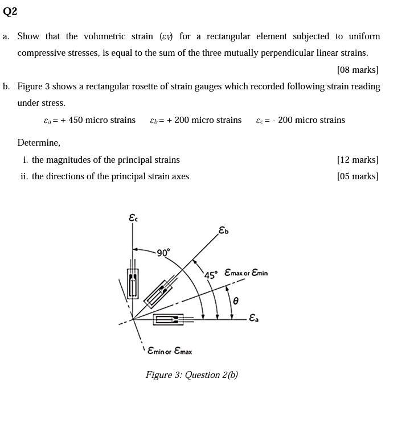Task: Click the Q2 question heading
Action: (10, 11)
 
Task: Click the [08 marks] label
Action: (357, 70)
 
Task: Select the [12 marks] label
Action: (357, 160)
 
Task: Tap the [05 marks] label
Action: (357, 176)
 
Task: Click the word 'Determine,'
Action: (39, 142)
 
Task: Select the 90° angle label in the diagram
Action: (163, 253)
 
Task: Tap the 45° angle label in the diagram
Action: (211, 275)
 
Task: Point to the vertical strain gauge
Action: (133, 283)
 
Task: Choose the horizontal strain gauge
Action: (169, 320)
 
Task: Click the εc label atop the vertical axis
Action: (133, 217)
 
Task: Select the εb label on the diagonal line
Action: (223, 230)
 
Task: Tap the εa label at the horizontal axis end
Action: (254, 318)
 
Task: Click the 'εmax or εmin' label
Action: (246, 273)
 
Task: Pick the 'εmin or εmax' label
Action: (170, 351)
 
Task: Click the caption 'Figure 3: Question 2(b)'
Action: (191, 375)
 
